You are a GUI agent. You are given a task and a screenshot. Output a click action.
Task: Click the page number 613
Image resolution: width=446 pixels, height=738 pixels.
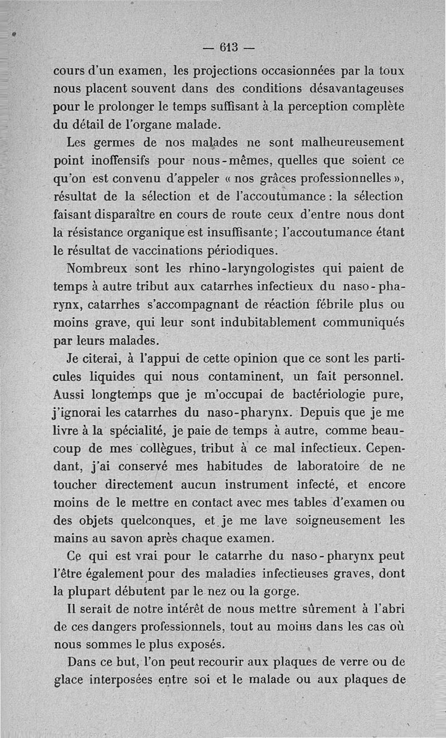(x=226, y=47)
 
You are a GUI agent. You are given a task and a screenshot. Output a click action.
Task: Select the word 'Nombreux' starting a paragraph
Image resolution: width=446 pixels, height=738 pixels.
(x=98, y=268)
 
